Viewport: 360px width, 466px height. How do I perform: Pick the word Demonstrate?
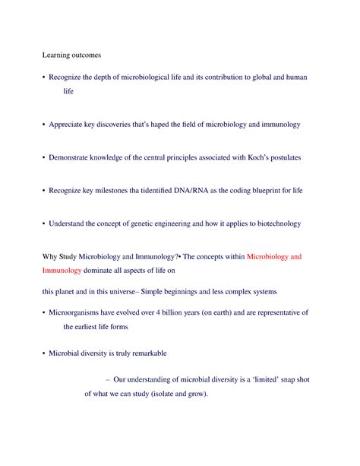74,157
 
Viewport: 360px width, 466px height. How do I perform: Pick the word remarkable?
144,354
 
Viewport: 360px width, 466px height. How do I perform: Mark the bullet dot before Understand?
43,224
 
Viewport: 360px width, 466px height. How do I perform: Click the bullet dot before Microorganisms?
43,313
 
